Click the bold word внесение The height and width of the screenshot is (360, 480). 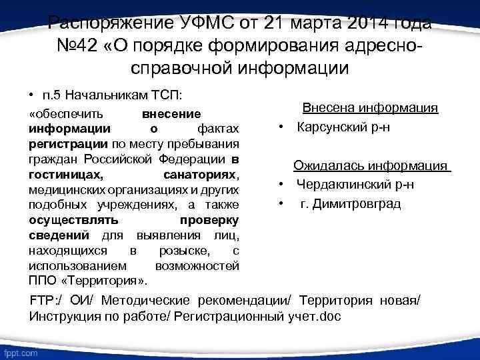pyautogui.click(x=172, y=114)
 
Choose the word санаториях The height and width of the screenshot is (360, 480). pyautogui.click(x=201, y=174)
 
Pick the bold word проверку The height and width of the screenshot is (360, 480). pyautogui.click(x=209, y=219)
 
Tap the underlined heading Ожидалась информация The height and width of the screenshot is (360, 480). pyautogui.click(x=372, y=166)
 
